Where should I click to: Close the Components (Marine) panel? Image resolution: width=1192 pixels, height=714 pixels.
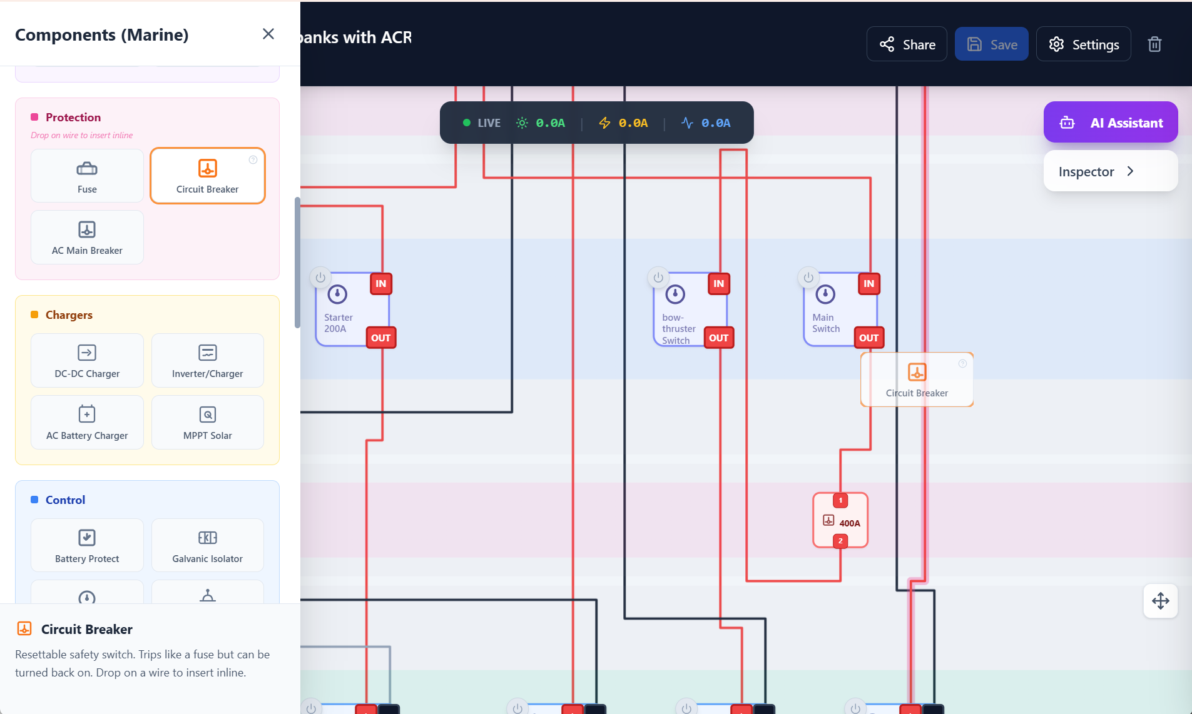click(268, 34)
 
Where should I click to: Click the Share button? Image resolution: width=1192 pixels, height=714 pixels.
click(907, 44)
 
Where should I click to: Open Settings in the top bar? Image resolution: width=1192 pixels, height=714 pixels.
click(1083, 44)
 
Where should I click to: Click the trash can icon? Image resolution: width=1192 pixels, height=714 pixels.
click(1154, 44)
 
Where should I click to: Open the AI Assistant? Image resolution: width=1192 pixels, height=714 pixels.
click(1111, 123)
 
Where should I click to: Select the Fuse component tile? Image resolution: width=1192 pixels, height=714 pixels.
click(87, 176)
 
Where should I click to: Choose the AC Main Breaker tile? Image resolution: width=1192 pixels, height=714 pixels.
click(87, 238)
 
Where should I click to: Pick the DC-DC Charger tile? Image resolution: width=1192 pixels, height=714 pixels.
click(87, 361)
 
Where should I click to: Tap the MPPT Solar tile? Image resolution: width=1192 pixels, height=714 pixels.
click(208, 422)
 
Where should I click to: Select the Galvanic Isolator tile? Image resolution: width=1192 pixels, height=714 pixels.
click(208, 545)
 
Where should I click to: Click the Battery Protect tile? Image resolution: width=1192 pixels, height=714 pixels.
click(87, 545)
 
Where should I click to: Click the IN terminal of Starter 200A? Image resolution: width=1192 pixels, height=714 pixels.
click(381, 284)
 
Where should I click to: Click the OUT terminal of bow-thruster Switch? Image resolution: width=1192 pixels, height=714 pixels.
click(718, 338)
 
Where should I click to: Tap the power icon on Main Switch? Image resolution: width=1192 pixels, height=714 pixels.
click(808, 277)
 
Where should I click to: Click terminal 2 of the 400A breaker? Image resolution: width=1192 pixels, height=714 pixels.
click(840, 541)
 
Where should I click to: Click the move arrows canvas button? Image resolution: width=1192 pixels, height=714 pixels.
click(1161, 601)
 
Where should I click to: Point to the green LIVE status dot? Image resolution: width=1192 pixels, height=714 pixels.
click(466, 123)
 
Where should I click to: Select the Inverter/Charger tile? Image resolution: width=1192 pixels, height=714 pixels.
click(208, 361)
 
